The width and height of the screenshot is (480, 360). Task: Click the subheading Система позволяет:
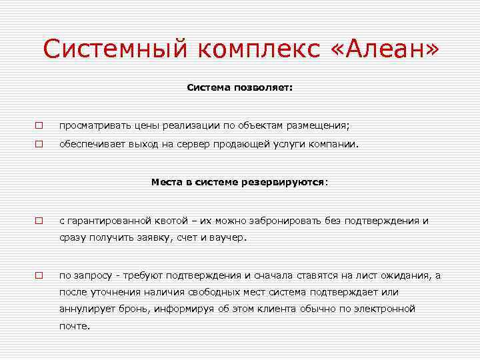coord(239,87)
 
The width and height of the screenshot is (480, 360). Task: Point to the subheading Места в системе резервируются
coord(239,181)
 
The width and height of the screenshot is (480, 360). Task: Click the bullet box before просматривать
coord(39,125)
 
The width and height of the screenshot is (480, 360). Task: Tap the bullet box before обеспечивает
coord(39,143)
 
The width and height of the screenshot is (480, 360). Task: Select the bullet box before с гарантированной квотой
coord(39,221)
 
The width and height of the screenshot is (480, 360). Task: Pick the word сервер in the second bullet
coord(224,143)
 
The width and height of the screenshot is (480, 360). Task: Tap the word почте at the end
coord(73,326)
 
